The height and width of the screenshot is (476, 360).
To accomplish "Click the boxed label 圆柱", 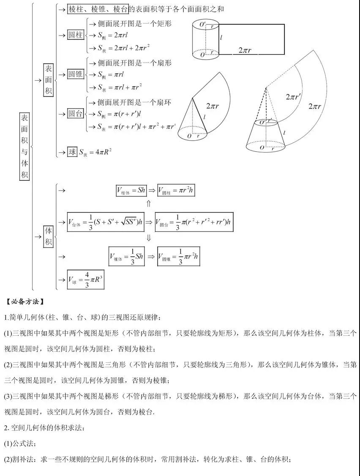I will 76,35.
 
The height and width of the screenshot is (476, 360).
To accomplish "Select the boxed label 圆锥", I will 76,74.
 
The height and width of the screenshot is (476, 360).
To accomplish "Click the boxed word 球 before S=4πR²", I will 72,152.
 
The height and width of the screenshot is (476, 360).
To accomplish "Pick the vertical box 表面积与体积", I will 25,147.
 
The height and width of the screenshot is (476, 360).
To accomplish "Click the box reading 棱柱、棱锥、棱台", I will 98,9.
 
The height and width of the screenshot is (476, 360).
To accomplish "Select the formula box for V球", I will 86,279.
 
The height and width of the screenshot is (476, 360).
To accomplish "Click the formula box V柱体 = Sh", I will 131,190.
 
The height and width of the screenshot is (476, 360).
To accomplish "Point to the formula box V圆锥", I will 178,256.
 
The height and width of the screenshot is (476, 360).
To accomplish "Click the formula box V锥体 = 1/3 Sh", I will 126,256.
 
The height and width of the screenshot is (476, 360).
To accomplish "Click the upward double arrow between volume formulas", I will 149,204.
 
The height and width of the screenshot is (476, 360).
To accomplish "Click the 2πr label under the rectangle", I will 245,51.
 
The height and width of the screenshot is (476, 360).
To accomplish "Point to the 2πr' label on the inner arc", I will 293,97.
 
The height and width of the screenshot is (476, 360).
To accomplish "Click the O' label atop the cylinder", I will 204,23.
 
